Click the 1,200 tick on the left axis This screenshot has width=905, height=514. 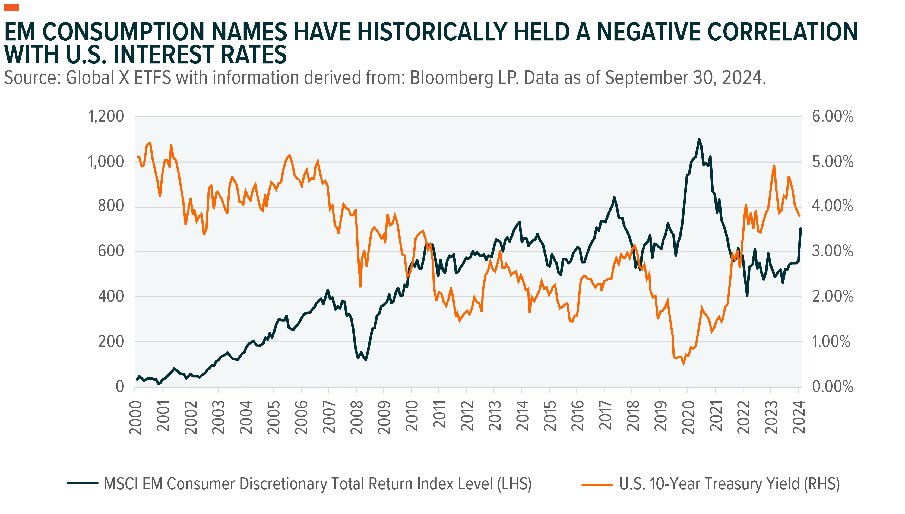pyautogui.click(x=106, y=116)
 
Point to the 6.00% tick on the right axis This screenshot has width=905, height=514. pyautogui.click(x=833, y=116)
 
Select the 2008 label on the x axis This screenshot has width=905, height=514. pyautogui.click(x=357, y=417)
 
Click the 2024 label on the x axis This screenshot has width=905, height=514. pyautogui.click(x=799, y=417)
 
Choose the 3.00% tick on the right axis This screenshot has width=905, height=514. pyautogui.click(x=833, y=251)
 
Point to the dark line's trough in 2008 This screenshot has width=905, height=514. pyautogui.click(x=365, y=360)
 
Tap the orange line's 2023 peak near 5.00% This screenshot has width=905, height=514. pyautogui.click(x=774, y=166)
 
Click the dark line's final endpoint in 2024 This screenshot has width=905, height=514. pyautogui.click(x=800, y=229)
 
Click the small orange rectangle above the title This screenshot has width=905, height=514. pyautogui.click(x=11, y=7)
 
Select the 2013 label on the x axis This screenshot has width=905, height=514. pyautogui.click(x=495, y=417)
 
